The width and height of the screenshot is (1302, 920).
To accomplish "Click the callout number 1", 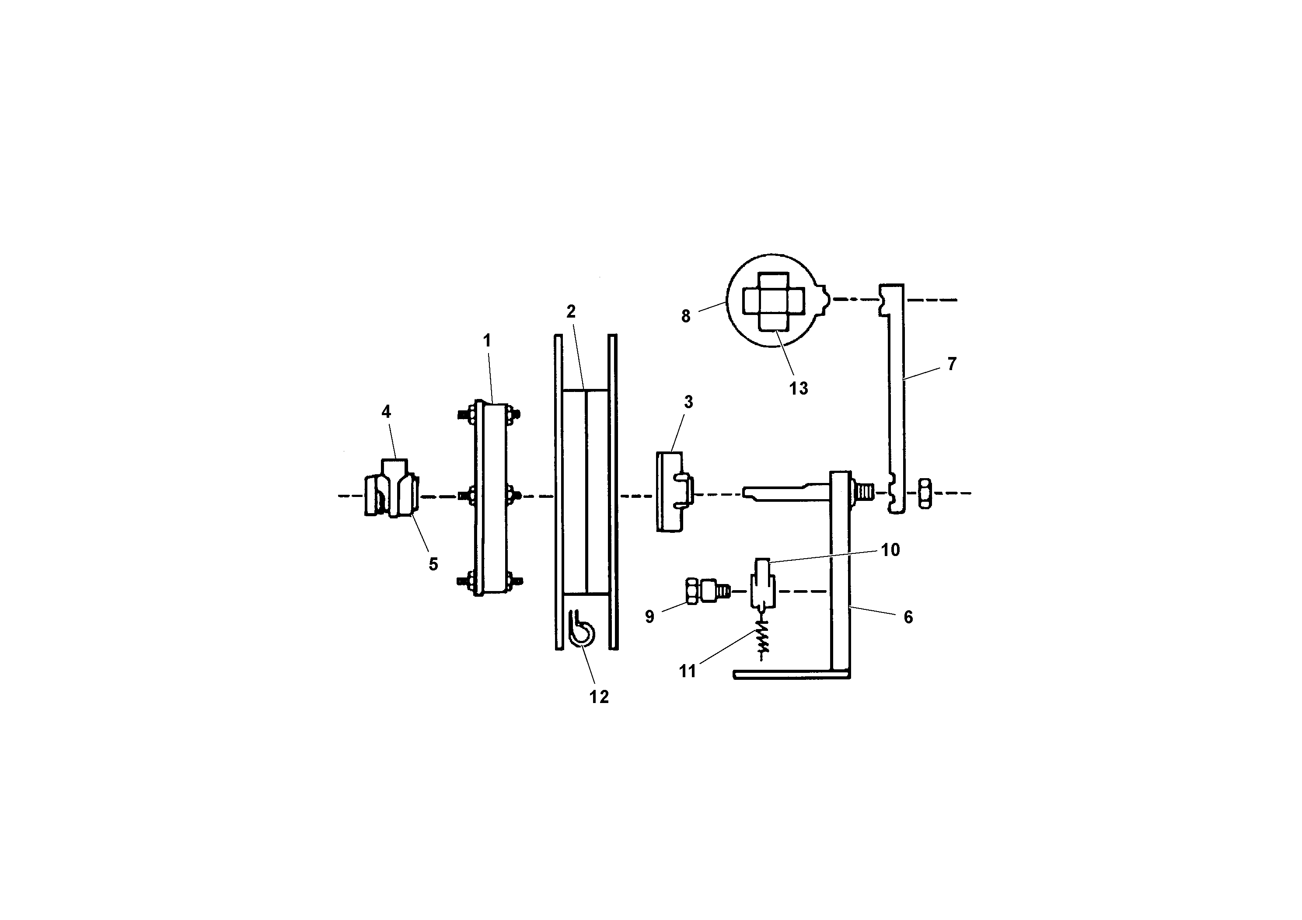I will coord(486,341).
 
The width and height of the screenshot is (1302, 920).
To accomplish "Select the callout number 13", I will coord(799,388).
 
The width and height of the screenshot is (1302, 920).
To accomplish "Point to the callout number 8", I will coord(686,316).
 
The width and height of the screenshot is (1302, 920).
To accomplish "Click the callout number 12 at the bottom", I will coord(599,696).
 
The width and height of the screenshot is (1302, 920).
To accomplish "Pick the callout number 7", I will coord(952,364).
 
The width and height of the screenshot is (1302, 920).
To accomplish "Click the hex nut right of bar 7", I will coord(924,493).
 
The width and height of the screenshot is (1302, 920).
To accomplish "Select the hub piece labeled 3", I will coord(672,491).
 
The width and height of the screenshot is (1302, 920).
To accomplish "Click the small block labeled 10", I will coord(762,584).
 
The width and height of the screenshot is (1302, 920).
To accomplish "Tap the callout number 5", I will coord(433,564).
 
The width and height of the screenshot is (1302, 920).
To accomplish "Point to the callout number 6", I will coord(908,617).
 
